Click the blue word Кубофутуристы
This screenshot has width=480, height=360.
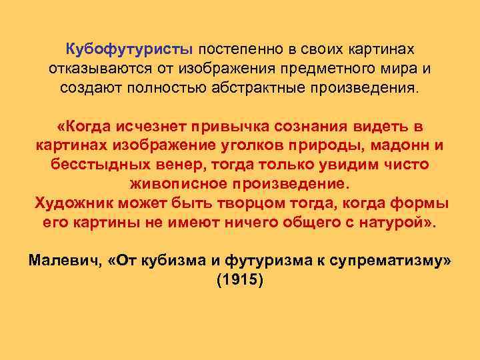click(129, 51)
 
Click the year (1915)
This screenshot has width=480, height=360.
click(240, 280)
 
